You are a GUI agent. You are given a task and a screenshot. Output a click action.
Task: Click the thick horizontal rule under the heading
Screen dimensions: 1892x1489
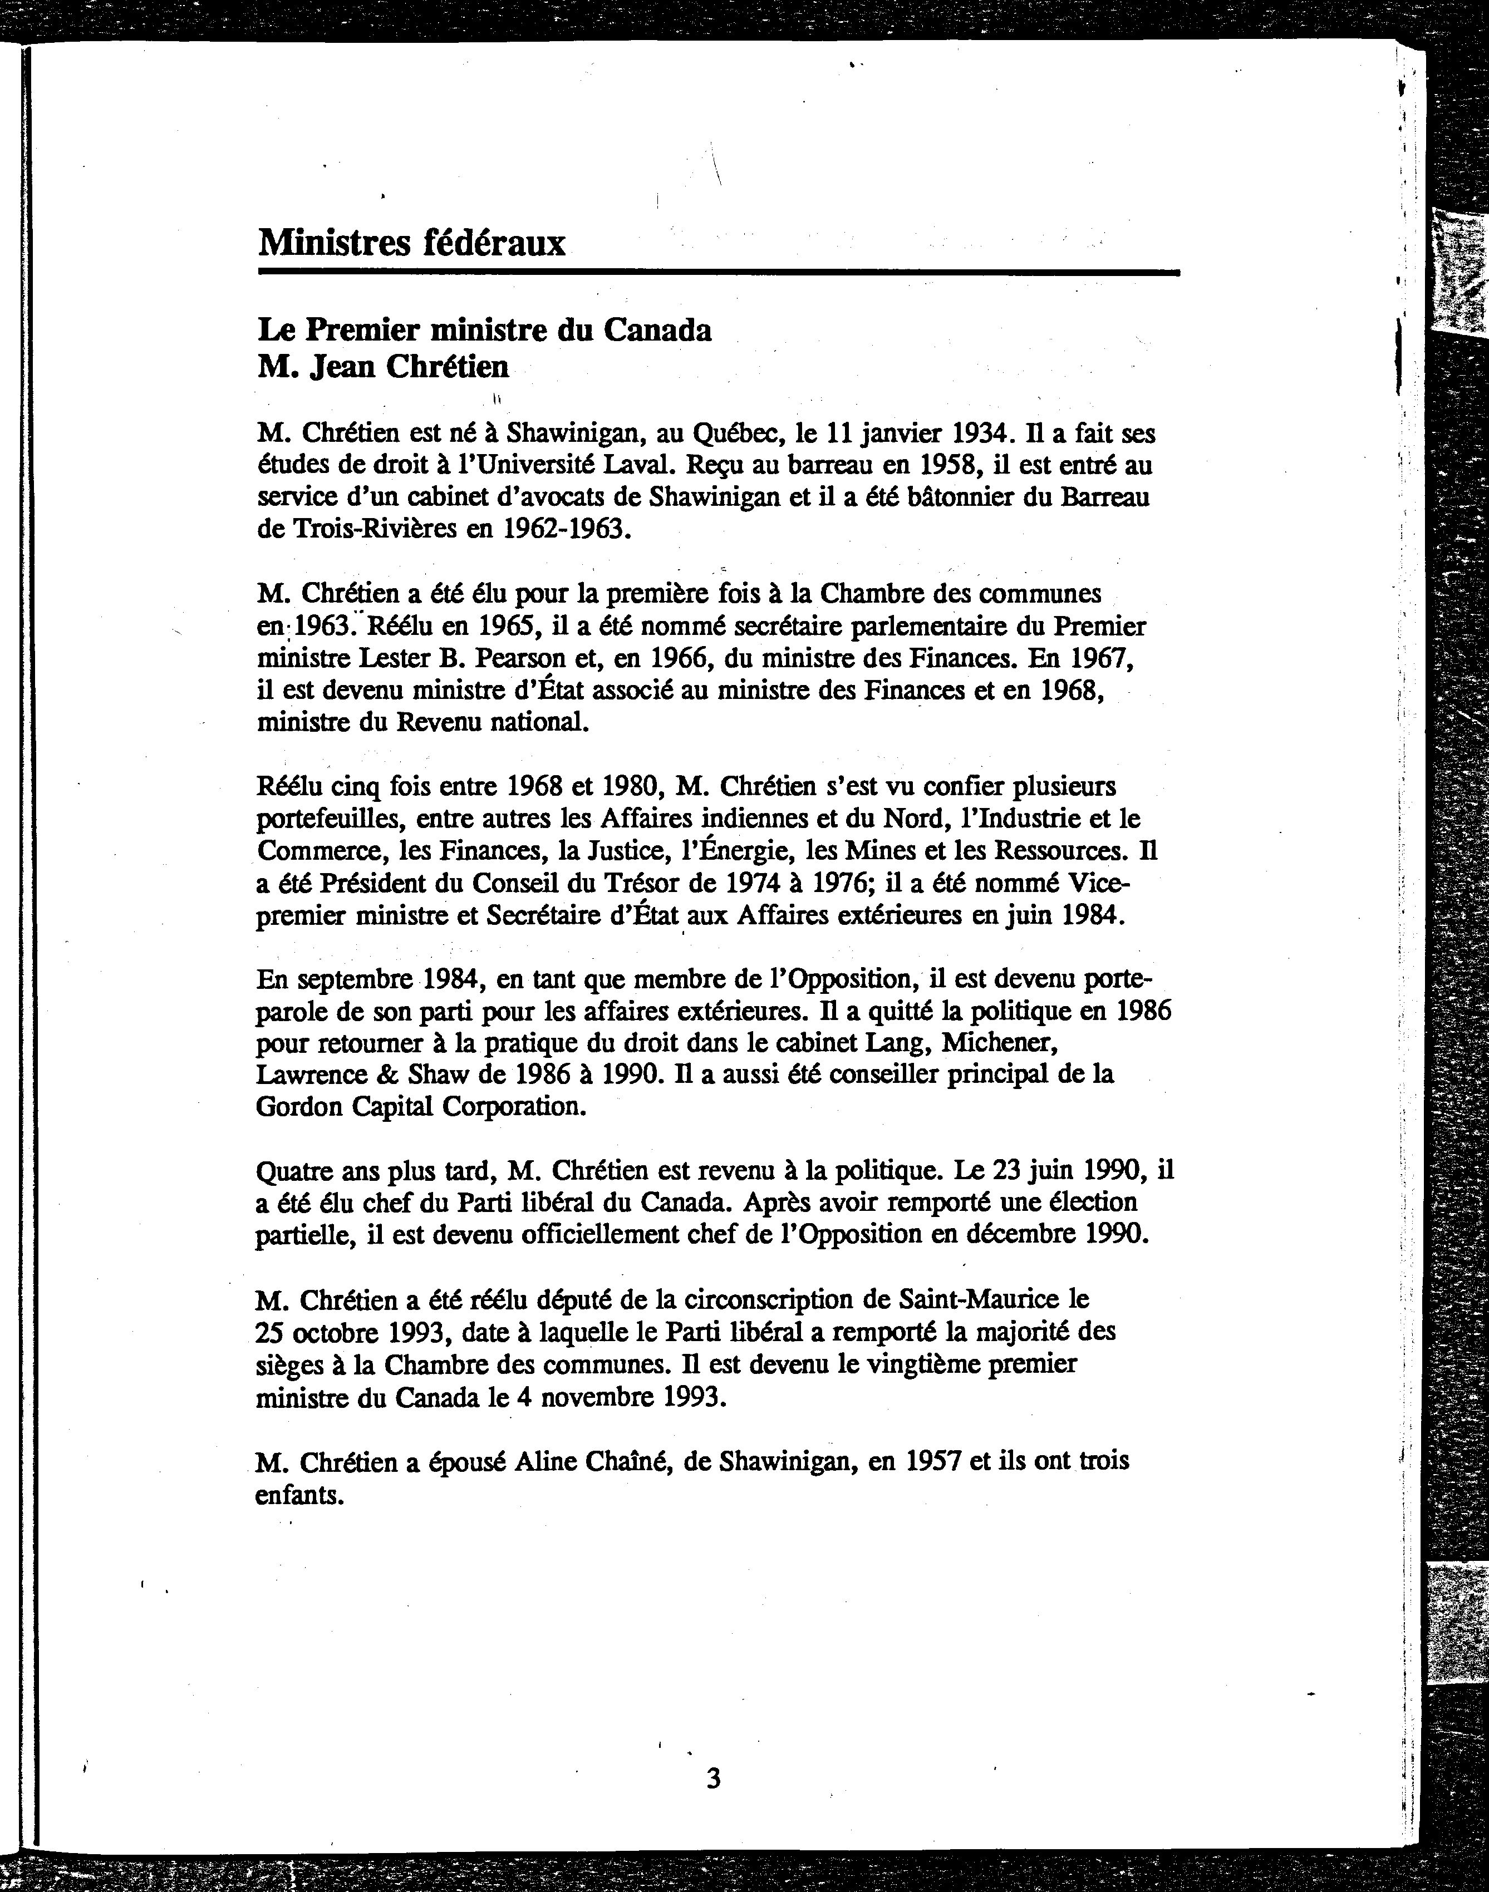click(719, 273)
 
